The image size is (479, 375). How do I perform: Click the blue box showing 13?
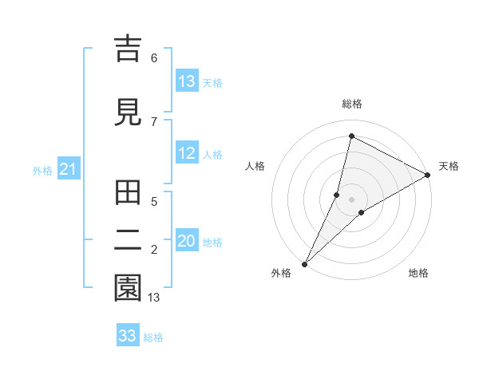(186, 81)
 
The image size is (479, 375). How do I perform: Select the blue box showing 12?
(186, 154)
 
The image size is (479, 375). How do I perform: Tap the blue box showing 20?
(187, 242)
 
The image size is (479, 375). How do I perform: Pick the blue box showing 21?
(68, 169)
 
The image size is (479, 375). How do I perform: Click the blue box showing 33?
(128, 336)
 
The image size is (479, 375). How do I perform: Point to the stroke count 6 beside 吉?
(154, 58)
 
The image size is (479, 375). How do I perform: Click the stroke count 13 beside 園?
(154, 298)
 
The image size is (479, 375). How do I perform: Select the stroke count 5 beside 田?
(154, 201)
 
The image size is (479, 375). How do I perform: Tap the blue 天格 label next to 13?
(212, 83)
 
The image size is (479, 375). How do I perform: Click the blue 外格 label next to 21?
(42, 171)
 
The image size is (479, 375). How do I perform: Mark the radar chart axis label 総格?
(351, 104)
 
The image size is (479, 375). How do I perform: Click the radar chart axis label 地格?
(418, 273)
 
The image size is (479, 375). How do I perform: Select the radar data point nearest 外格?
(304, 263)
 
